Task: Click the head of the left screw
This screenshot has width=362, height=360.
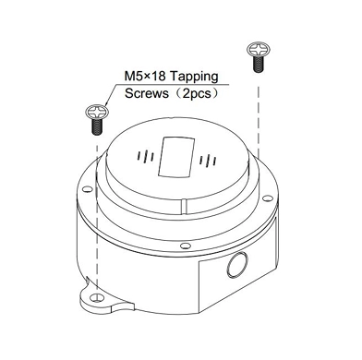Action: pos(97,112)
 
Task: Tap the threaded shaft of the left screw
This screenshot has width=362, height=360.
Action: pos(97,126)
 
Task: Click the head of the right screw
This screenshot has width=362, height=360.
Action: pos(259,49)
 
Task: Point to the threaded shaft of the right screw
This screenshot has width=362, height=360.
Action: pos(259,64)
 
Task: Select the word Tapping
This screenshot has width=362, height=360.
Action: pos(194,77)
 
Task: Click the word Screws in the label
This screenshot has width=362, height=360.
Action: pos(147,93)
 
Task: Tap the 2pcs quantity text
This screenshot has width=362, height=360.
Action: pos(197,93)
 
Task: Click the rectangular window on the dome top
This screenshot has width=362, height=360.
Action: pos(176,157)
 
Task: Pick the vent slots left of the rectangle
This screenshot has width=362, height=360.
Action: pos(146,156)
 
